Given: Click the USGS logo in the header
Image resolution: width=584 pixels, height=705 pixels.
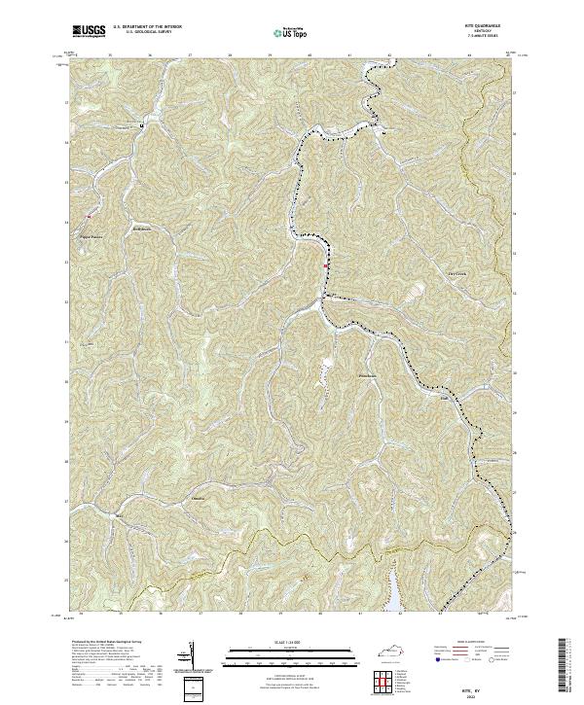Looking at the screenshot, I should tap(89, 31).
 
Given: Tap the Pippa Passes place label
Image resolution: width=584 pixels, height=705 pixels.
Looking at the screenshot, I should tap(91, 233).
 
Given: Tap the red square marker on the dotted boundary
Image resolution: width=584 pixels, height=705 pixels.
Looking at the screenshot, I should tap(326, 263).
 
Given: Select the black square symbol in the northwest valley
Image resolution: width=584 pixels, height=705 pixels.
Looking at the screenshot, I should tap(141, 126).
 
